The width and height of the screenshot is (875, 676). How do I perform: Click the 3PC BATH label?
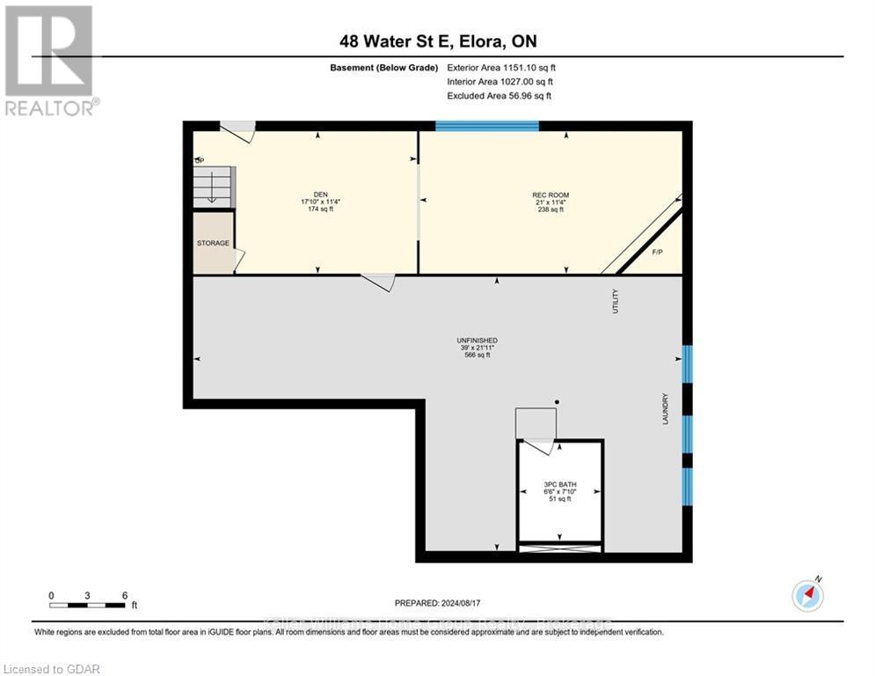pyautogui.click(x=559, y=484)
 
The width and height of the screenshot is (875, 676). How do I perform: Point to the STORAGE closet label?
pyautogui.click(x=213, y=243)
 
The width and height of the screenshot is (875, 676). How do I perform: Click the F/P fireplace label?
pyautogui.click(x=656, y=253)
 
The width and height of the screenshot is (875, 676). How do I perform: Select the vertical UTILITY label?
pyautogui.click(x=616, y=301)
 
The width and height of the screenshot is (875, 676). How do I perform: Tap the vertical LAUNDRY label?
pyautogui.click(x=666, y=409)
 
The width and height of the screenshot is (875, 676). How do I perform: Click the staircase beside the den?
pyautogui.click(x=214, y=187)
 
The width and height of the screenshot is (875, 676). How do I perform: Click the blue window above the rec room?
pyautogui.click(x=487, y=126)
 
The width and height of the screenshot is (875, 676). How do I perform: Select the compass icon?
pyautogui.click(x=806, y=595)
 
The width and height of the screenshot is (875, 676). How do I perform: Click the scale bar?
pyautogui.click(x=88, y=605)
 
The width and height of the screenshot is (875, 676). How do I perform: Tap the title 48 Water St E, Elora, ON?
pyautogui.click(x=437, y=42)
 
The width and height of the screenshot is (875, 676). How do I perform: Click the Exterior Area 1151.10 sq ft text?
pyautogui.click(x=501, y=67)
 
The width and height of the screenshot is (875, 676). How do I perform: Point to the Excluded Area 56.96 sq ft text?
pyautogui.click(x=499, y=95)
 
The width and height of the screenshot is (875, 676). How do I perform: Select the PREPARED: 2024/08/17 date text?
pyautogui.click(x=438, y=603)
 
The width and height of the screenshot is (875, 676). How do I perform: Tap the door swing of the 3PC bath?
pyautogui.click(x=535, y=428)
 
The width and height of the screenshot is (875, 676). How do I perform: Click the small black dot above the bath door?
pyautogui.click(x=557, y=402)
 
